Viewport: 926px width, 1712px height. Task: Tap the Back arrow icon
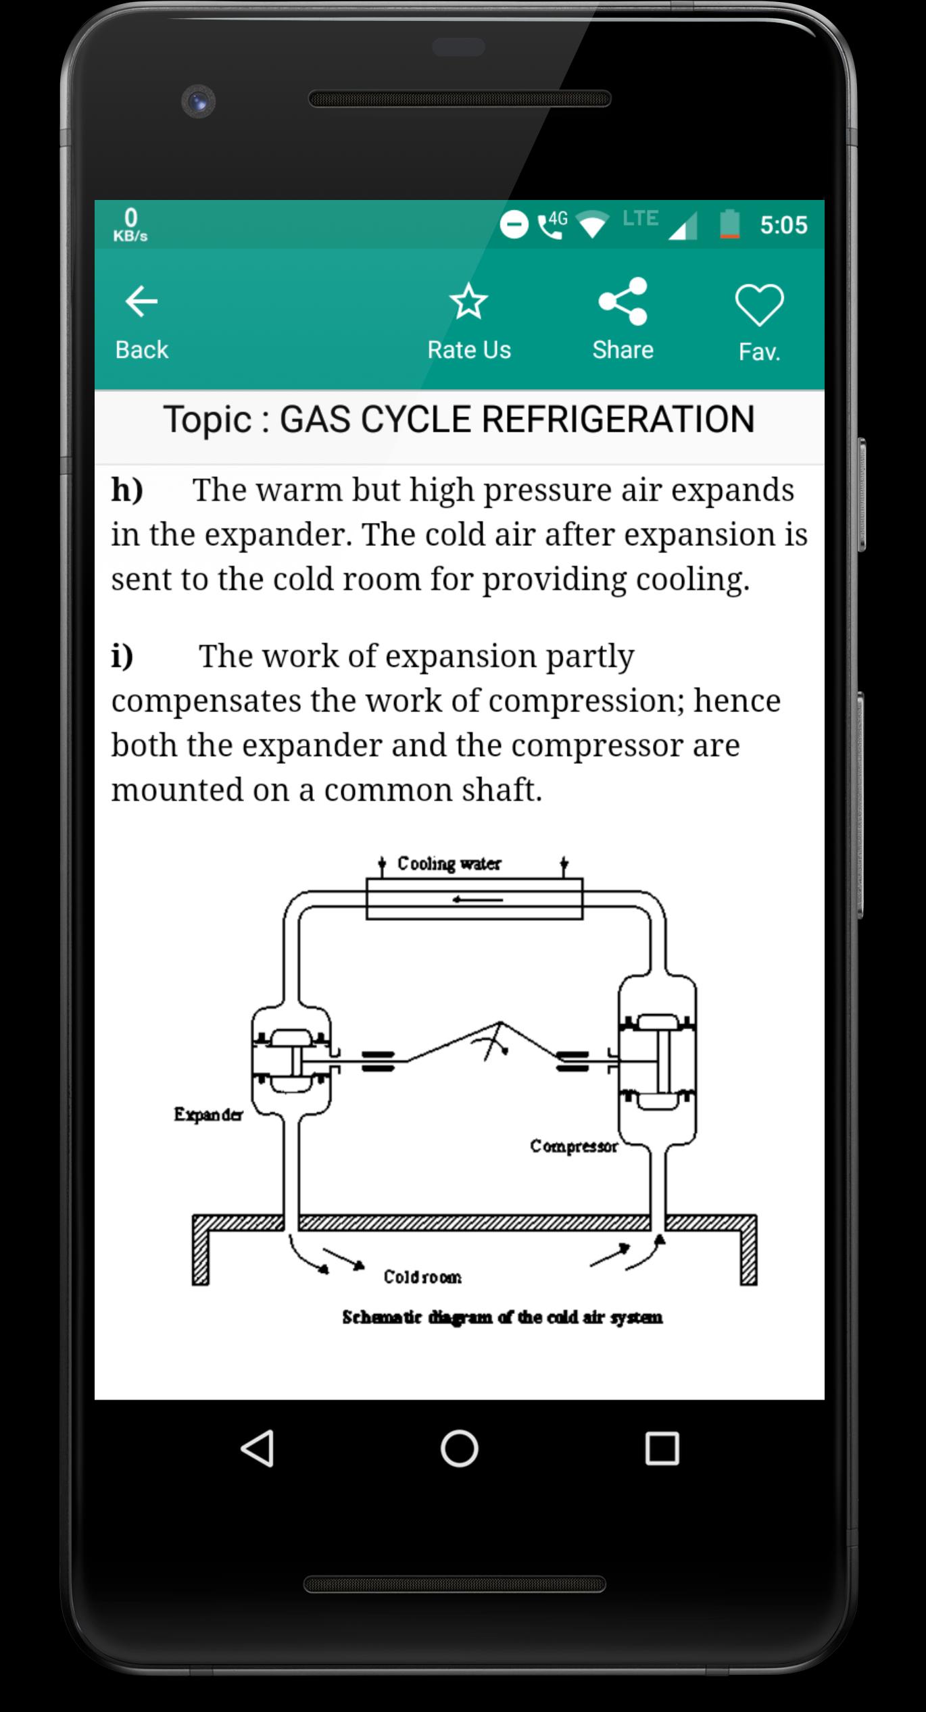[x=141, y=301]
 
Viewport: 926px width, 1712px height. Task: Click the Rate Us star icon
[x=468, y=301]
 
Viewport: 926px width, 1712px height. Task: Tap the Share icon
[x=623, y=301]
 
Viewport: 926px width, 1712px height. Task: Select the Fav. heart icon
[x=759, y=304]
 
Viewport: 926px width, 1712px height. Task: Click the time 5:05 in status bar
[x=783, y=225]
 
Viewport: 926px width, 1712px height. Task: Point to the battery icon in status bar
[x=729, y=224]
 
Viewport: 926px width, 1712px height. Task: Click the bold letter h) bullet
[x=127, y=490]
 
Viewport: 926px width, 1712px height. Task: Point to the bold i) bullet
[x=122, y=656]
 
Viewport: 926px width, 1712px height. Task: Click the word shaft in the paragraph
[x=502, y=789]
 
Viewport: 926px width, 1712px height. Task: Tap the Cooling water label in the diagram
[x=449, y=863]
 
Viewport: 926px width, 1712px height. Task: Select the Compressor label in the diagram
[x=574, y=1147]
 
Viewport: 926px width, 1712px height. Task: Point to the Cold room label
[x=422, y=1277]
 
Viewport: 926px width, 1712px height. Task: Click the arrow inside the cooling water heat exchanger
[x=478, y=899]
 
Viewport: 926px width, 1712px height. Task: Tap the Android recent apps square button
[x=662, y=1449]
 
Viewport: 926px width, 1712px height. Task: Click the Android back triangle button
[x=258, y=1449]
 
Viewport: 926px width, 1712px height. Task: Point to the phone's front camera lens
[x=198, y=101]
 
